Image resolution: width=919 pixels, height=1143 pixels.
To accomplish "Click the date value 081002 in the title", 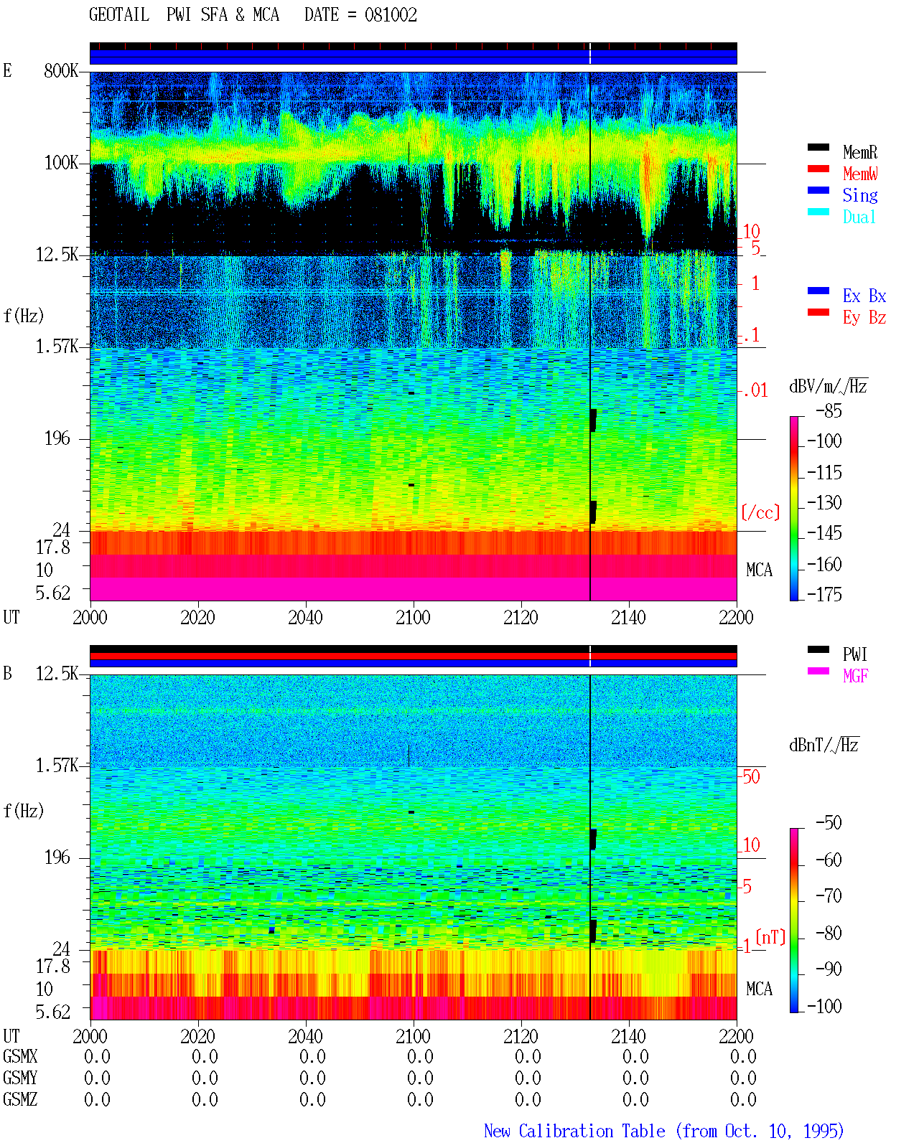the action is click(x=391, y=15).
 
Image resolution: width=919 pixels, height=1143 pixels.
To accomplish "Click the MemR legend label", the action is click(x=859, y=152).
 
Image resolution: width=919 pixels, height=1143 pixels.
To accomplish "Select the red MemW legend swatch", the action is click(x=818, y=169).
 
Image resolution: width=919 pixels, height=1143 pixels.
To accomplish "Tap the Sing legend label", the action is click(x=859, y=195).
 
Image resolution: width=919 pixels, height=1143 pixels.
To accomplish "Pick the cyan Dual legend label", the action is click(x=859, y=217).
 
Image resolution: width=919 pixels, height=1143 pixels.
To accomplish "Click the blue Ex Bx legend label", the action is click(x=864, y=296).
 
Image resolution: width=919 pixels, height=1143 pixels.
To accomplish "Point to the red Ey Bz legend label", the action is click(x=864, y=318).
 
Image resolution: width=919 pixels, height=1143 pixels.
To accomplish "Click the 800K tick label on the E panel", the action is click(x=61, y=71).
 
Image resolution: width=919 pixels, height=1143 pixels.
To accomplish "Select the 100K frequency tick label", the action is click(x=61, y=163).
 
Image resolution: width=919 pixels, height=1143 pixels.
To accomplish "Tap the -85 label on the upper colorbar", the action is click(x=829, y=411).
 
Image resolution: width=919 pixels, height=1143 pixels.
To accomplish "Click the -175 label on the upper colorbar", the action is click(x=824, y=594).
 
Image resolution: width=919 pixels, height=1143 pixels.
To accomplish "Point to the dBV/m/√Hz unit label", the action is click(x=828, y=386).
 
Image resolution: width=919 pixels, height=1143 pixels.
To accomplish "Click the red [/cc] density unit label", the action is click(x=760, y=512).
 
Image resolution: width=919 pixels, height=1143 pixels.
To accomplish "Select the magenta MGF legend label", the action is click(x=855, y=676).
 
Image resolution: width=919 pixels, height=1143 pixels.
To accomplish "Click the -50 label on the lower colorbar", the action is click(x=829, y=823).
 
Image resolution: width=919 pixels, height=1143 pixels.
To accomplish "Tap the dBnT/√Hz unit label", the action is click(x=824, y=745).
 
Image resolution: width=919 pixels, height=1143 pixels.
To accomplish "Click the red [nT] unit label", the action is click(x=770, y=937).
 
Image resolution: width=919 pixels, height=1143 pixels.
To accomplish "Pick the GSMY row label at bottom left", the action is click(x=20, y=1078).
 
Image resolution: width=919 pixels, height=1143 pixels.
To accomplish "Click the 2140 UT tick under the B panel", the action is click(x=628, y=1036).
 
